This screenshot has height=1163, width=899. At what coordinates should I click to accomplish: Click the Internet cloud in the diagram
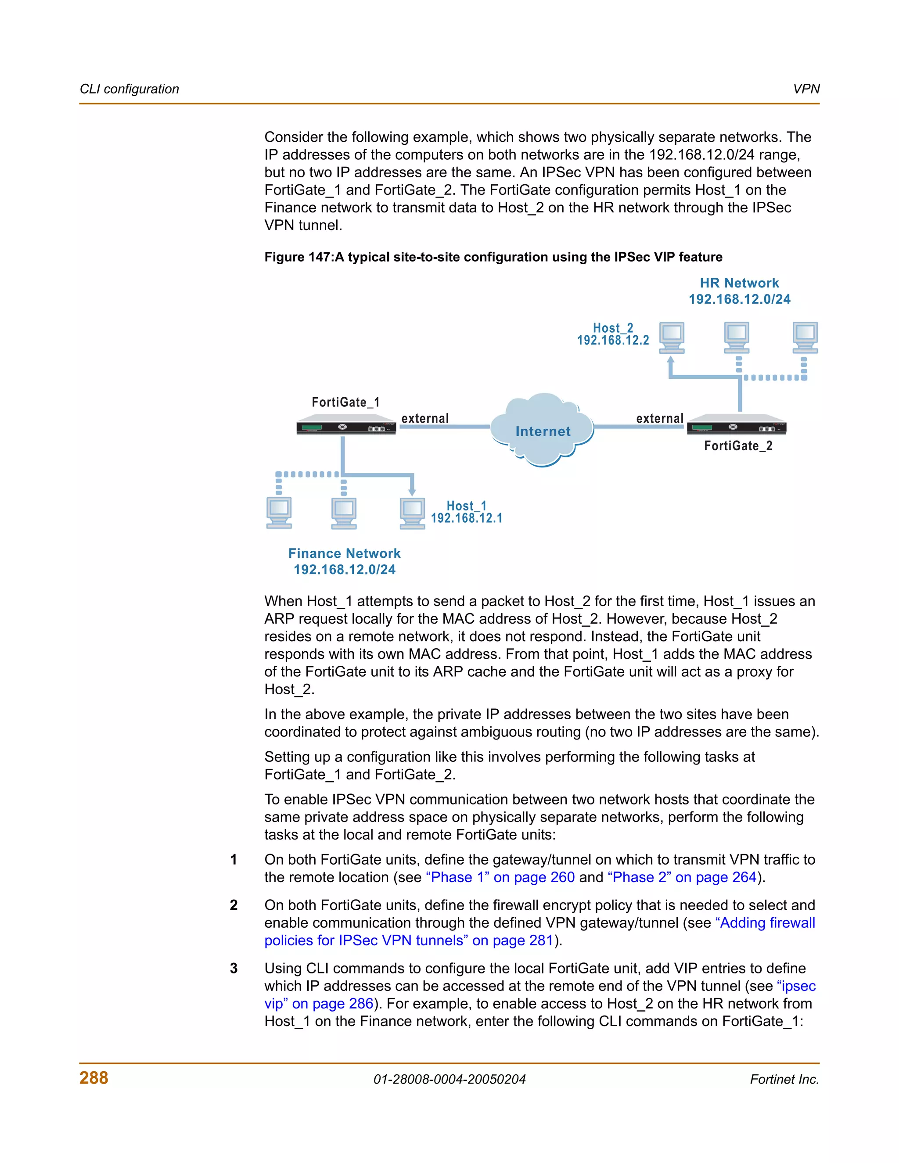click(x=542, y=430)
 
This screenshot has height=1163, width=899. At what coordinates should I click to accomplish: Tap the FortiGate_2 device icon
click(x=737, y=427)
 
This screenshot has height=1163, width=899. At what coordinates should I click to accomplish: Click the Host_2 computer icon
click(x=672, y=337)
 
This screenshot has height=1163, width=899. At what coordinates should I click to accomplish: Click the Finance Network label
click(x=344, y=553)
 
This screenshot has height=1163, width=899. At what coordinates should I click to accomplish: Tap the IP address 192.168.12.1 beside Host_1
click(x=467, y=518)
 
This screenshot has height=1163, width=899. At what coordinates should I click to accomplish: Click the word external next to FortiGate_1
click(x=425, y=419)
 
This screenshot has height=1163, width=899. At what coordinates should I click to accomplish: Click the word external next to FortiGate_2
click(x=659, y=419)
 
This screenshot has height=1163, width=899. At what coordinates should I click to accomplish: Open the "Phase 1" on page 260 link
click(x=500, y=877)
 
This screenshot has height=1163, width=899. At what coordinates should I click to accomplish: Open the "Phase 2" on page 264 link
click(x=682, y=877)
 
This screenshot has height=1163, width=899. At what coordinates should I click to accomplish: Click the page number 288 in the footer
click(x=94, y=1078)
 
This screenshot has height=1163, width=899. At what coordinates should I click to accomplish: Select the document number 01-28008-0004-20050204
click(x=449, y=1080)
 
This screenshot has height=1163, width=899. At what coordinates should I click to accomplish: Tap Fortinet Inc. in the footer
click(x=784, y=1080)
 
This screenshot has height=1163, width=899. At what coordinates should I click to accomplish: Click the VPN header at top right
click(x=806, y=89)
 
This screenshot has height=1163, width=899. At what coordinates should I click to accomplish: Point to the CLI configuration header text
click(x=129, y=89)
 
